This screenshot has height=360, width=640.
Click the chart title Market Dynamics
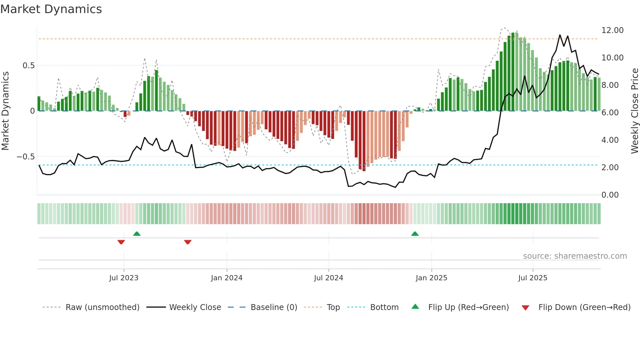click(x=51, y=9)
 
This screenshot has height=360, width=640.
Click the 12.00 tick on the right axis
click(x=612, y=30)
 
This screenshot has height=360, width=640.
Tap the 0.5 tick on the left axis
click(x=28, y=66)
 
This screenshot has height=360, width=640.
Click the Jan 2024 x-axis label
click(x=227, y=278)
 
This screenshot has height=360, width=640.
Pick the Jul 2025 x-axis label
click(x=533, y=278)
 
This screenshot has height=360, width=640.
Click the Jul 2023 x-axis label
click(x=124, y=278)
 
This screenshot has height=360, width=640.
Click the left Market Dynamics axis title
click(x=5, y=111)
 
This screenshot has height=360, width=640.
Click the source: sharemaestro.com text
click(x=575, y=256)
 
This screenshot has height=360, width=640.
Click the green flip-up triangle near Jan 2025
click(x=415, y=234)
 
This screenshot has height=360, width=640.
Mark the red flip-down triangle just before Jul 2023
click(x=121, y=242)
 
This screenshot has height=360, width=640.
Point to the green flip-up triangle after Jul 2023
click(x=137, y=234)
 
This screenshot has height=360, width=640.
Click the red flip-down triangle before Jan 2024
click(x=188, y=242)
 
